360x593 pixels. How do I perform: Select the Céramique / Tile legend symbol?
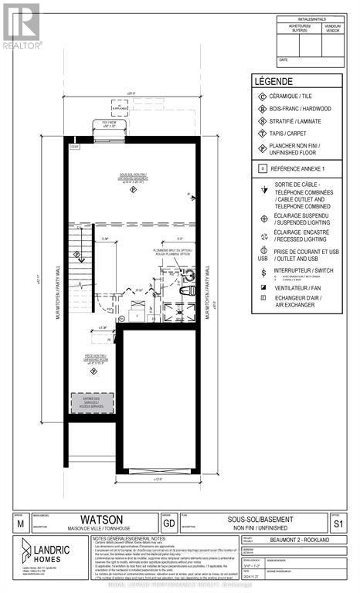coord(263,97)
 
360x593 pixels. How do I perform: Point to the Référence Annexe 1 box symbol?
coord(263,168)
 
